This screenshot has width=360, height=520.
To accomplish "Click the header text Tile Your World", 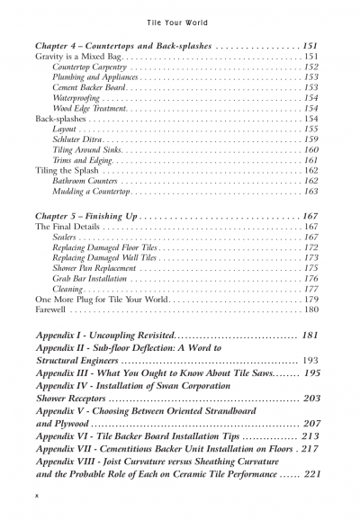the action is [x=179, y=18].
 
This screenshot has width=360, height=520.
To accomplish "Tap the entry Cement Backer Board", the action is [x=89, y=88].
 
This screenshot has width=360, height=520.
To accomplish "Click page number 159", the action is [x=310, y=139].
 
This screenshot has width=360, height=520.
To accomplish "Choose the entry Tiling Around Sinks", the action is [x=88, y=150].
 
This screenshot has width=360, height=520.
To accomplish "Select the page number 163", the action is [x=310, y=192].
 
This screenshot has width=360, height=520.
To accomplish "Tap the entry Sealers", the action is [x=67, y=238].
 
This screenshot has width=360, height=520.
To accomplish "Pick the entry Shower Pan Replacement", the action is [x=95, y=268].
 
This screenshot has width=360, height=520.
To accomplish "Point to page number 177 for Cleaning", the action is [x=310, y=290].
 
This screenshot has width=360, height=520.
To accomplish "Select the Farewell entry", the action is [x=50, y=310].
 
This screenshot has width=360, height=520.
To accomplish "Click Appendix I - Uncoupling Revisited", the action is [x=120, y=336].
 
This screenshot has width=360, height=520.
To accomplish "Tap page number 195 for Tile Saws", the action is [x=310, y=372].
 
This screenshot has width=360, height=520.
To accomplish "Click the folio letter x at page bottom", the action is [x=36, y=496].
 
